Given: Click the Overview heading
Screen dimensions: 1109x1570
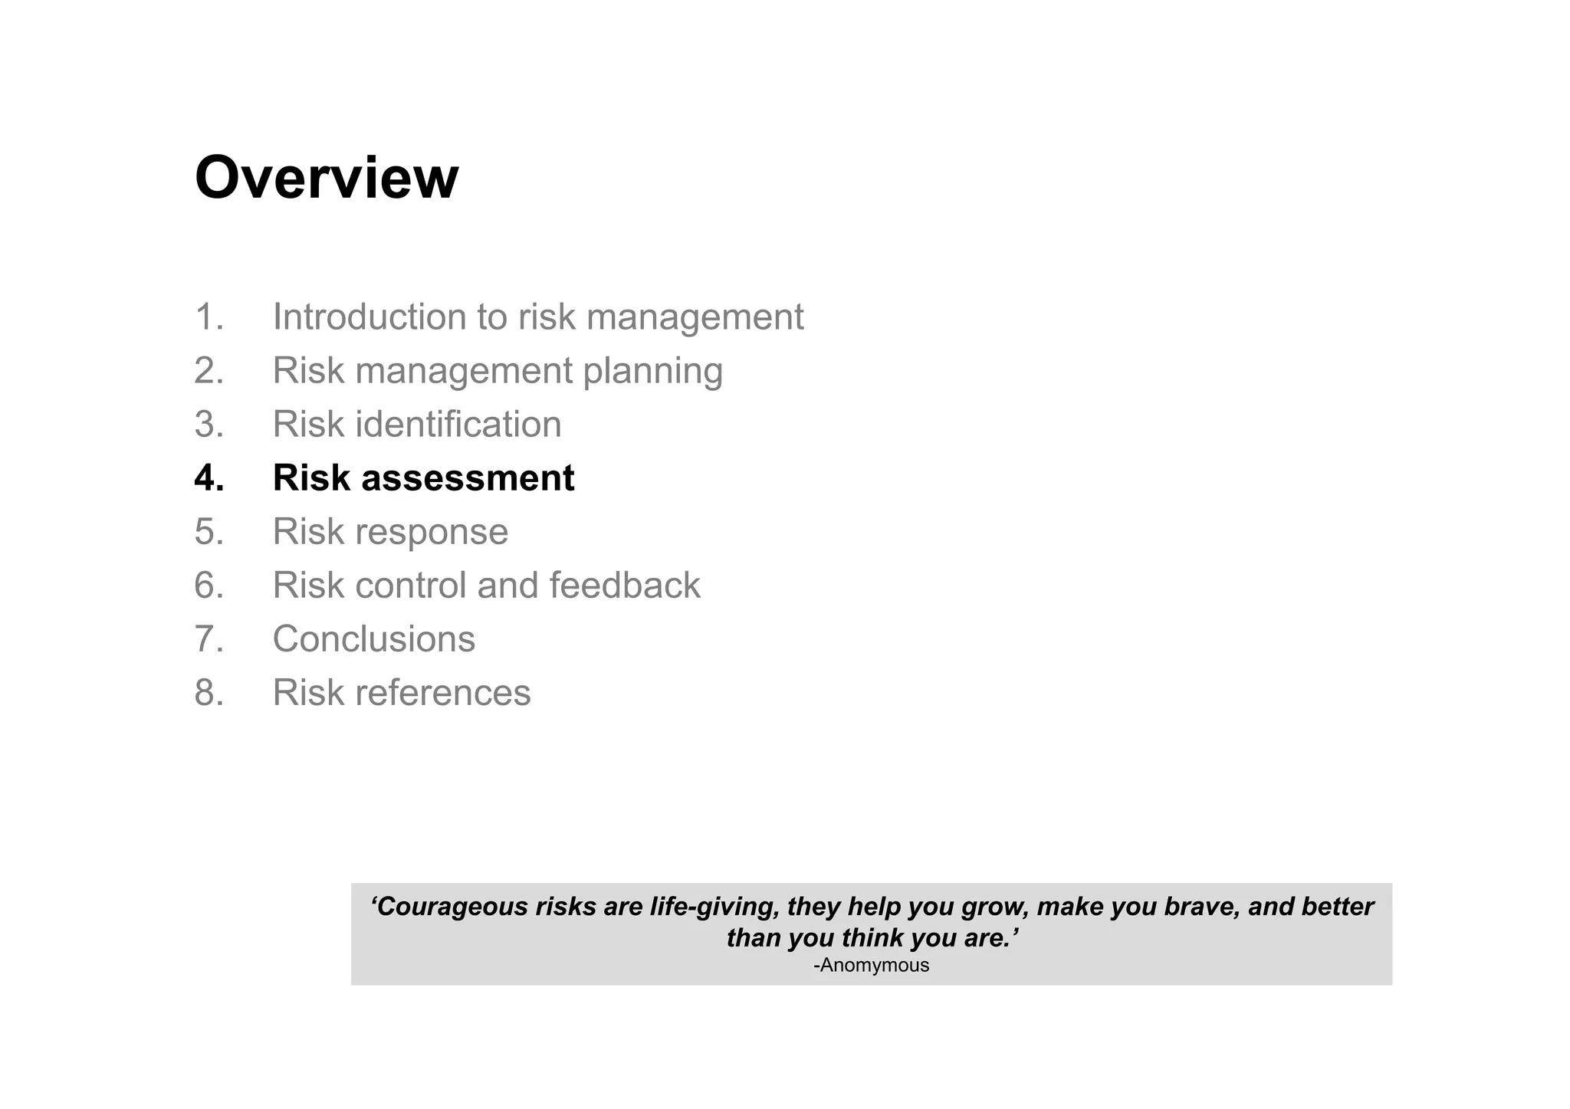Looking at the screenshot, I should [327, 178].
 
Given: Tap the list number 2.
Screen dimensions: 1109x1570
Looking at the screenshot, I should [209, 371].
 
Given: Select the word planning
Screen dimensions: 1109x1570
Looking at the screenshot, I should [652, 372].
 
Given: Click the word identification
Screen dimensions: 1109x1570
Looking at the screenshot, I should [458, 425].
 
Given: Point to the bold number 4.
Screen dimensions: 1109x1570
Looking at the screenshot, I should [209, 478].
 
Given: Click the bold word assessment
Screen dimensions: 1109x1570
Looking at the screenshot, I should [468, 478].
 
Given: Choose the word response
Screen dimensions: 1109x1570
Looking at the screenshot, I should [432, 533].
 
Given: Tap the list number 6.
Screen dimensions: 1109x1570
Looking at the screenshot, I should [209, 586].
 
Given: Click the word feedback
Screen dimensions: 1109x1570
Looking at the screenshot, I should [624, 586].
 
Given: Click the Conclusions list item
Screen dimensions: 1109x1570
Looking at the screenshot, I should [373, 639].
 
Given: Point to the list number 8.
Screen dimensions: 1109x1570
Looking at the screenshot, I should [209, 693].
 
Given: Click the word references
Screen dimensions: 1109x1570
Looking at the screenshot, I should [443, 693].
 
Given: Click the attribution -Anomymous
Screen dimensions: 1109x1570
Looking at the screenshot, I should [871, 966].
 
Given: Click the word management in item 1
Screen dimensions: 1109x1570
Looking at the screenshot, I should [695, 318].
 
